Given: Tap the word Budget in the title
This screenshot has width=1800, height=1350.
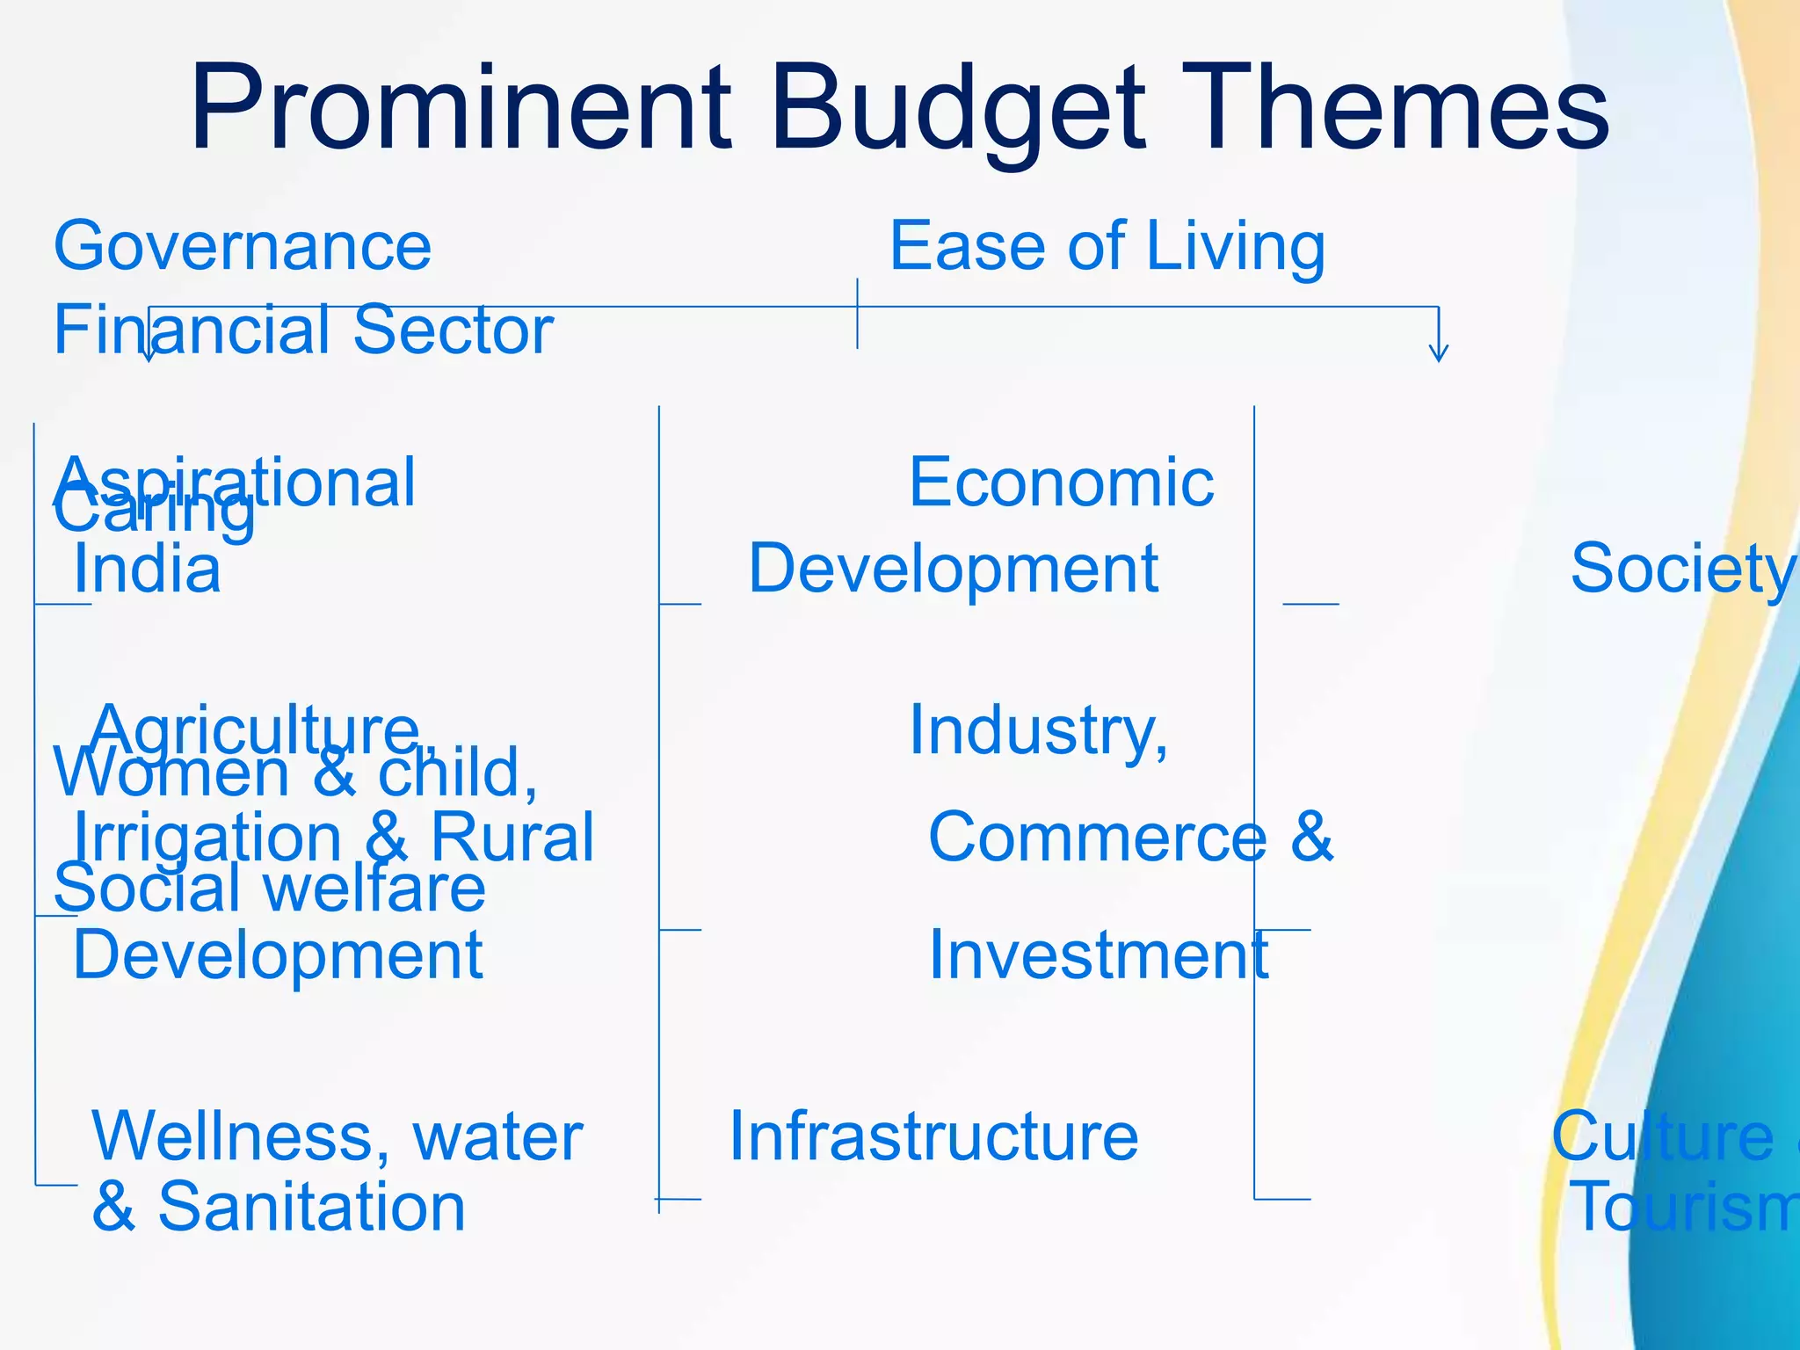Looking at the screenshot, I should point(958,110).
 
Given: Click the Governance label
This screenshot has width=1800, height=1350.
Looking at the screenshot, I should point(243,246).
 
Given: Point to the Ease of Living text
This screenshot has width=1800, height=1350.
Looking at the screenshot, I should point(1107,246).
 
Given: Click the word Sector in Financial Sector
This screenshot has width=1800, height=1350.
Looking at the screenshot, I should point(454,330).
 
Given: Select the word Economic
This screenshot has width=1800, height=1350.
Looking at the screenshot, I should point(1062,483).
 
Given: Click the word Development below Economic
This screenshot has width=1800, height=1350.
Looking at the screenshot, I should point(954,569).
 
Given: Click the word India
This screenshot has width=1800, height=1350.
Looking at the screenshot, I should point(148,570).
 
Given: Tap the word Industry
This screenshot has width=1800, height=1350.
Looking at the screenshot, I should point(1037,730).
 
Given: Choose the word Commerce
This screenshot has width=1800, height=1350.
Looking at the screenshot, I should point(1097,837).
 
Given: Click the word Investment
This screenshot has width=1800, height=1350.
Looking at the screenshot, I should point(1099,955).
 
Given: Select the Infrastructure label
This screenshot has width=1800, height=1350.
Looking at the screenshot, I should point(933,1136).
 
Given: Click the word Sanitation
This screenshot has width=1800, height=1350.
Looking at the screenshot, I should point(311,1208).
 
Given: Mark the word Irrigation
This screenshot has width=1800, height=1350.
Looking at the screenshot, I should point(207,838).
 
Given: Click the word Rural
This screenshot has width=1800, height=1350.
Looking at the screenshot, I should point(512,838).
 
